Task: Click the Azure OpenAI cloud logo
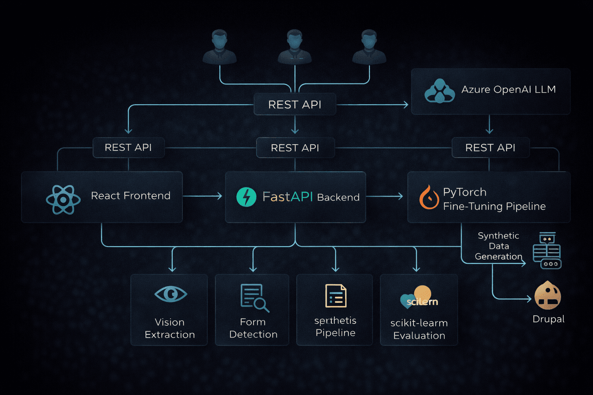click(439, 91)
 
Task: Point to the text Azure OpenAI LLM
click(508, 89)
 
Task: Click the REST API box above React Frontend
click(128, 147)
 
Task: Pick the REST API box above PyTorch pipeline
click(490, 148)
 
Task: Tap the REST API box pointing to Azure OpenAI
click(295, 105)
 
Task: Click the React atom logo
click(63, 199)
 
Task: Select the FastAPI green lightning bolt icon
click(246, 197)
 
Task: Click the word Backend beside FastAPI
click(338, 197)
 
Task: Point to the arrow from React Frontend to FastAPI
click(203, 196)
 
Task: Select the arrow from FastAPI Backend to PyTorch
click(384, 197)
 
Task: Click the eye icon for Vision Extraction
click(171, 294)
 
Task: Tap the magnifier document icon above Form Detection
click(254, 297)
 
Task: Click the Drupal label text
click(548, 319)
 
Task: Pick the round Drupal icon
click(547, 295)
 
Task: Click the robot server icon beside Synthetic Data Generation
click(547, 250)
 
